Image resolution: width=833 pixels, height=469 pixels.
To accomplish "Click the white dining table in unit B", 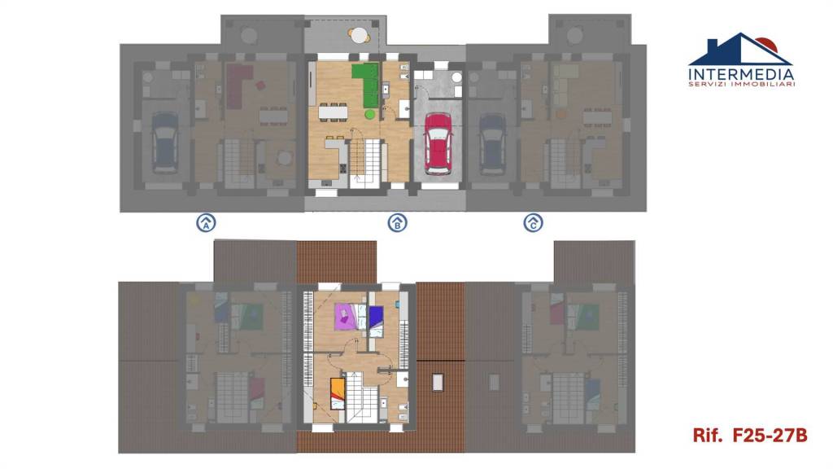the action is point(333,112).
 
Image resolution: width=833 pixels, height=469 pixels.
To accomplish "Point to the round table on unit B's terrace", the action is point(360,36).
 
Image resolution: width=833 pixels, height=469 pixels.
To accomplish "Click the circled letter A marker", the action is point(206,222).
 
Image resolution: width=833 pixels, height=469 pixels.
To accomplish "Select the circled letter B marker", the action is point(397,222).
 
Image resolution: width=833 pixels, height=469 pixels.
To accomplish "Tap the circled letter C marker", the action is point(534,222).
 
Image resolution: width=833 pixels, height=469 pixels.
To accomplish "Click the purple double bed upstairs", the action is point(348,317).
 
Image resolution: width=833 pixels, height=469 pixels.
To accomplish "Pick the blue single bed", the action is point(376,321).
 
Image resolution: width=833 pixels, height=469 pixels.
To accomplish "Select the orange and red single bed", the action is point(338,393).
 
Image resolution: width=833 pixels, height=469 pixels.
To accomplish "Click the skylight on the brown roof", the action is point(438,383).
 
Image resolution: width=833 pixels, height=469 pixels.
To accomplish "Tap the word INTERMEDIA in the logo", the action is point(741,74).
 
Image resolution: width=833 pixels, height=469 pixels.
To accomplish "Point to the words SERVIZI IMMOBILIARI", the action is point(742,84).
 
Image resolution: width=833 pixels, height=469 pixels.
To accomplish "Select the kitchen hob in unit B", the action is point(343,169).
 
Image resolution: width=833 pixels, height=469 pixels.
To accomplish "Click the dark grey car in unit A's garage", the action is point(164,142).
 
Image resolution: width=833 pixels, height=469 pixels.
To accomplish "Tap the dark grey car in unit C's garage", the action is point(493,142).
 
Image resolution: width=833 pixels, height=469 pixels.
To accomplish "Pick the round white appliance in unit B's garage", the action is point(457,77).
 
